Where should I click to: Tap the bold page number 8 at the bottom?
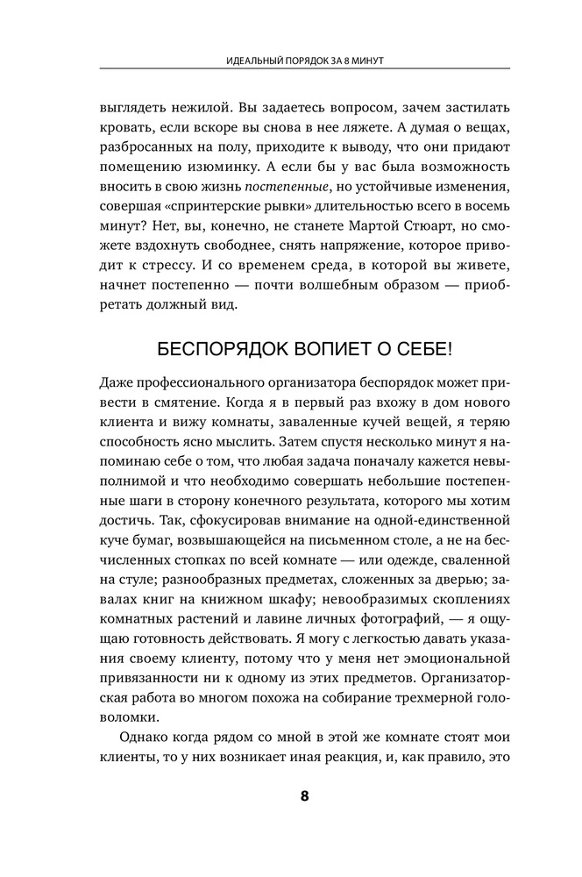305,795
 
